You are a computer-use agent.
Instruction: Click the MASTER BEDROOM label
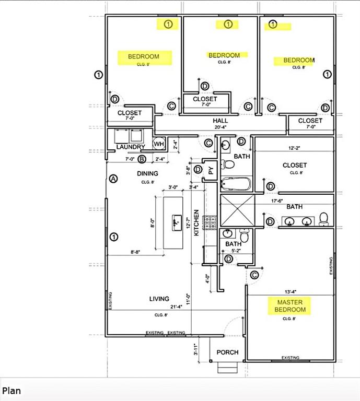291,306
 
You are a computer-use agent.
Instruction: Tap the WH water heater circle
158,144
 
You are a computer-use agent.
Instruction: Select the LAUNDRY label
130,147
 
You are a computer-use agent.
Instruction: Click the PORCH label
227,352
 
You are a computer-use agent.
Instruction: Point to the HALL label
220,120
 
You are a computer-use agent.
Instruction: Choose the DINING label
147,173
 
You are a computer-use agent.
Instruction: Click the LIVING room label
159,299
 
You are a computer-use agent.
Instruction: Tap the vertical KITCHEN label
196,223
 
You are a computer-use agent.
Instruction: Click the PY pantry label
211,170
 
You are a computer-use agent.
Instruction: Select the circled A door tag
114,179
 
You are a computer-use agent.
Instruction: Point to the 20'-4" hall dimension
220,126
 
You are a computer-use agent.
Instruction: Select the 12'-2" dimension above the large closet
295,148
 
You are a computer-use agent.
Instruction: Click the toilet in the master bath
323,218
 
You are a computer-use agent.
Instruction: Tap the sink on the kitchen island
175,221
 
